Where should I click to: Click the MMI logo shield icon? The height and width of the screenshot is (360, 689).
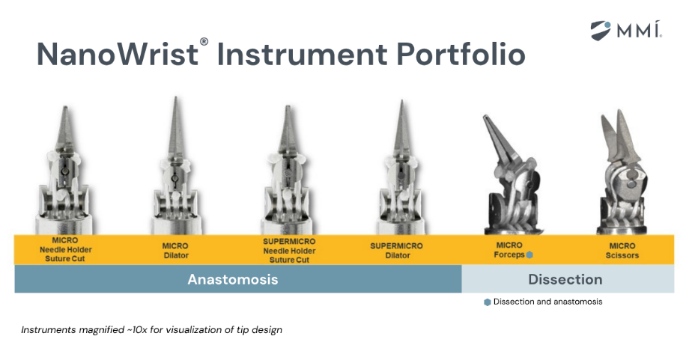coord(600,31)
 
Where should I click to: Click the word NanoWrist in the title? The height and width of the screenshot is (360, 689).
coord(118,55)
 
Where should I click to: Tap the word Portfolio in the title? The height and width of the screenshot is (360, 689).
coord(461,54)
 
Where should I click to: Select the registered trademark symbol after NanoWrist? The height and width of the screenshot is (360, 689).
coord(204,42)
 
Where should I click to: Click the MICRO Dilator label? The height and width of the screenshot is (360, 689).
coord(175,251)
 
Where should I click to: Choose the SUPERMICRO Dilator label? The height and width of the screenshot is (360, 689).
coord(397,251)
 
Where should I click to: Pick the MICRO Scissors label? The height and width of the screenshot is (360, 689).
coord(622,251)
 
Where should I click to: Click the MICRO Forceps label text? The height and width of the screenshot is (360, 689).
coord(509,250)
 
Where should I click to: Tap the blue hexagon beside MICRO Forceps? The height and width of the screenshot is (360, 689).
coord(529,254)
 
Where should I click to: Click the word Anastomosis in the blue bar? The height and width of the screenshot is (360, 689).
coord(233,279)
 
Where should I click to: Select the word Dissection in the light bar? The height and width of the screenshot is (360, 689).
coord(565,279)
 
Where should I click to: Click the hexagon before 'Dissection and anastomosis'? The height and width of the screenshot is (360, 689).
coord(488,302)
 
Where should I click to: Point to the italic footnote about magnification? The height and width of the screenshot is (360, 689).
coord(151,330)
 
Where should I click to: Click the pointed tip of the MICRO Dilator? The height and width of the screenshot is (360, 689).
coord(175,98)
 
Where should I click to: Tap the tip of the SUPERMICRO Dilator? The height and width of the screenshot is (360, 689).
coord(401,102)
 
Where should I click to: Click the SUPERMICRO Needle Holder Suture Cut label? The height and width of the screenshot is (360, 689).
coord(289,251)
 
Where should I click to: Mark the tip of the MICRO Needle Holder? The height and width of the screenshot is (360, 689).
coord(65,108)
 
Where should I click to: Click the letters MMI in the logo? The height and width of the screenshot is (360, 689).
coord(639,30)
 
